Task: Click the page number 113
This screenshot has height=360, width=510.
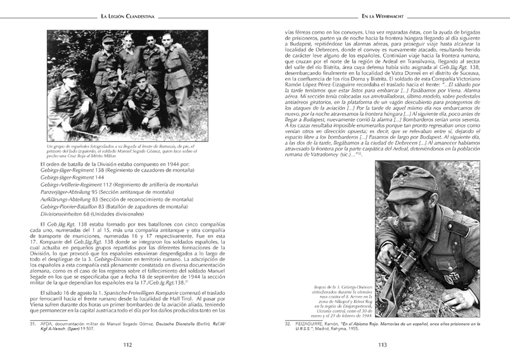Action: point(382,345)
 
